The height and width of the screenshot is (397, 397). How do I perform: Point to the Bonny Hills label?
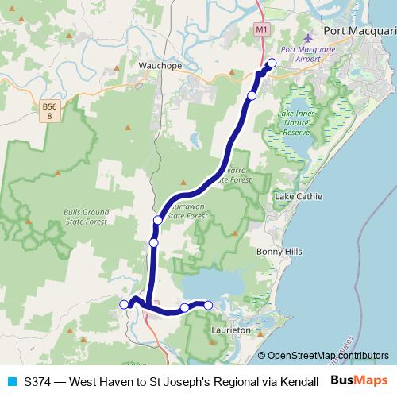pyautogui.click(x=279, y=251)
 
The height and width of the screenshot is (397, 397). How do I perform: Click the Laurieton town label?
pyautogui.click(x=232, y=328)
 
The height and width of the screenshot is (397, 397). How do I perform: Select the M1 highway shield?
pyautogui.click(x=263, y=29)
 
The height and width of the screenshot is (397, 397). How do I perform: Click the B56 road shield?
pyautogui.click(x=52, y=110)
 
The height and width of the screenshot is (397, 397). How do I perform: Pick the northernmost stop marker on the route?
pyautogui.click(x=272, y=63)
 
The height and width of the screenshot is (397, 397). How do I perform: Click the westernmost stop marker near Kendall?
pyautogui.click(x=124, y=304)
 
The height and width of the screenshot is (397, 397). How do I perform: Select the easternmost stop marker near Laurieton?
pyautogui.click(x=209, y=305)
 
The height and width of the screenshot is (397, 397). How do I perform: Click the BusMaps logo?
pyautogui.click(x=361, y=380)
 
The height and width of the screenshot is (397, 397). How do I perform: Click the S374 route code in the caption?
pyautogui.click(x=39, y=381)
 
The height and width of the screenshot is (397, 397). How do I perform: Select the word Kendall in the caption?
pyautogui.click(x=299, y=381)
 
